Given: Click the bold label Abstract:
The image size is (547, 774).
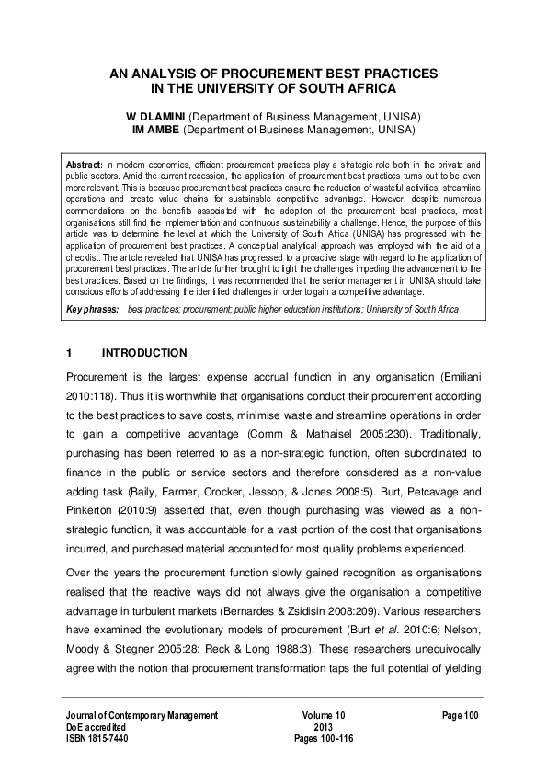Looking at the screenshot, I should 84,163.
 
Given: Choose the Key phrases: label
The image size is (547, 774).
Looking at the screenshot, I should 92,311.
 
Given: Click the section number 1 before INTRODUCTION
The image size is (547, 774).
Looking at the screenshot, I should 69,353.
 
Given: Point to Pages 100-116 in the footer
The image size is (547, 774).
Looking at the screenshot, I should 323,738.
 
